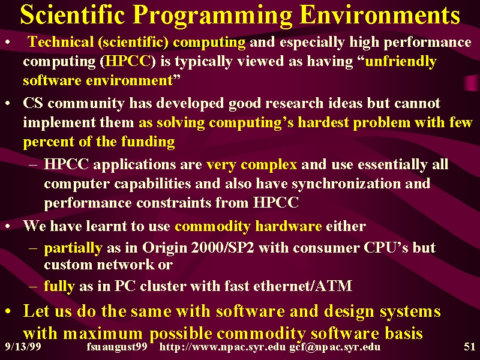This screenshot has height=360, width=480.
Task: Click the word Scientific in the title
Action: [72, 14]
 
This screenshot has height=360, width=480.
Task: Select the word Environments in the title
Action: [380, 14]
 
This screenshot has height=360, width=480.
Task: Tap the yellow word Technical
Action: [61, 41]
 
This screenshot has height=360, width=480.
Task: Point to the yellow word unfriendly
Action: [401, 62]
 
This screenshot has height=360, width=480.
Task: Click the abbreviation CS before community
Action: [33, 103]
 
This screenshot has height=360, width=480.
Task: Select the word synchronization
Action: [346, 184]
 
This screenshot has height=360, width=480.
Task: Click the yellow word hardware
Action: [289, 226]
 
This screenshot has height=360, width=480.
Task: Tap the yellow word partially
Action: [73, 248]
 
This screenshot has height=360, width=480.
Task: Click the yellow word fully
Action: [59, 286]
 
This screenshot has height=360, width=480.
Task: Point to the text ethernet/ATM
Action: [303, 286]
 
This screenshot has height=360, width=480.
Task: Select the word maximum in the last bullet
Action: [103, 333]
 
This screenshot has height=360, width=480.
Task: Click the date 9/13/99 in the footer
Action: [23, 347]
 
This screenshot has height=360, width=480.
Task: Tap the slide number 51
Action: [470, 347]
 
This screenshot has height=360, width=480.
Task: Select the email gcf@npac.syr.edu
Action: [335, 347]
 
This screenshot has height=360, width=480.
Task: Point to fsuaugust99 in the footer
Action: [117, 347]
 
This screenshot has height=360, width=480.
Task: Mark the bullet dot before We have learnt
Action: [8, 226]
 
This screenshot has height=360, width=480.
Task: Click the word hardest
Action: [323, 122]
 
